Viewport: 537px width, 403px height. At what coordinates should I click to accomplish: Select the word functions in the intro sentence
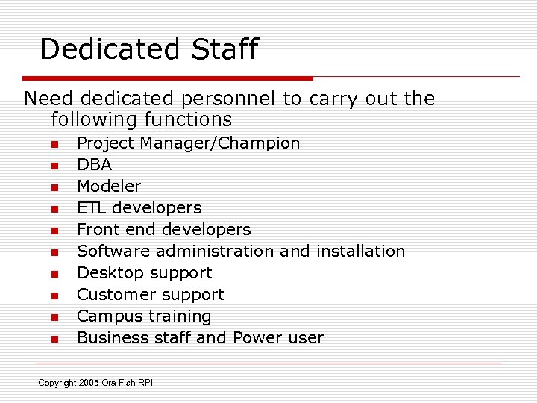tap(187, 119)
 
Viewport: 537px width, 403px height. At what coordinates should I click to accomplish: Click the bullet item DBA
tap(94, 164)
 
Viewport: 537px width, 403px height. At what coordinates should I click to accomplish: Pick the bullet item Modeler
tap(109, 186)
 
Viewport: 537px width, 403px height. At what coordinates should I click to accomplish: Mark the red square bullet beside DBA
tap(54, 166)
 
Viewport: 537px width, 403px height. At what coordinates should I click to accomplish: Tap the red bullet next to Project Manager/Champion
tap(54, 144)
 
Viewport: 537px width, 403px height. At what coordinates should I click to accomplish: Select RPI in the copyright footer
tap(145, 383)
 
